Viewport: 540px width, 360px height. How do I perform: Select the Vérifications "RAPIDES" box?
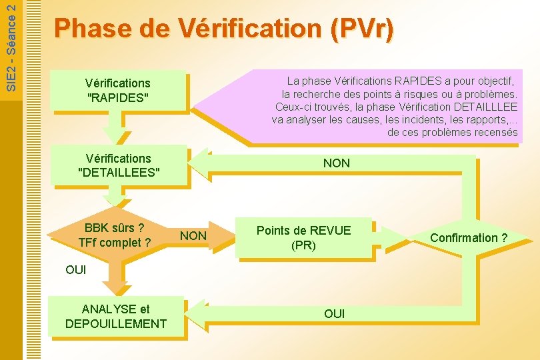(x=117, y=90)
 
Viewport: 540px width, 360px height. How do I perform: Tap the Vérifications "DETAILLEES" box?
(x=118, y=165)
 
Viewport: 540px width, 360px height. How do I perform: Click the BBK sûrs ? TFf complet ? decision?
(x=114, y=235)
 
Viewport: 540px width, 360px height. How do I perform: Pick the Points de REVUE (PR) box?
(x=303, y=237)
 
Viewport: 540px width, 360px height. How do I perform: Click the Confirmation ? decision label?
(x=468, y=238)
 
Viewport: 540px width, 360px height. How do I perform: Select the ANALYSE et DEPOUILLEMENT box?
(x=115, y=316)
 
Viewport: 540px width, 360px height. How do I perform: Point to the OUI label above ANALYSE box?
(x=76, y=271)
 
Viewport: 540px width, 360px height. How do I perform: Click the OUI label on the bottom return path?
(x=334, y=313)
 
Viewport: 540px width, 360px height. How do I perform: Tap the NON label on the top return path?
(x=336, y=163)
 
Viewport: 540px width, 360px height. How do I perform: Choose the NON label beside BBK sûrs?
(x=193, y=236)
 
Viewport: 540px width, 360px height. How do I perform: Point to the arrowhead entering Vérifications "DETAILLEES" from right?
(x=199, y=163)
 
